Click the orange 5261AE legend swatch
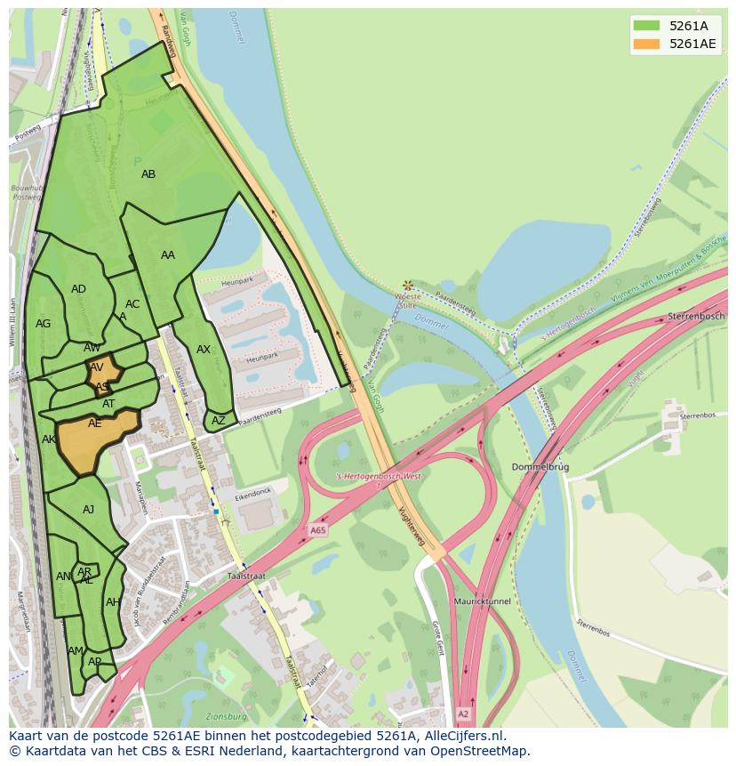646,44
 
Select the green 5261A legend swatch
646,26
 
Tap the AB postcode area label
148,174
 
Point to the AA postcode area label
168,255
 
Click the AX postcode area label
204,350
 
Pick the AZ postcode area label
219,421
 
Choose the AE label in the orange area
95,424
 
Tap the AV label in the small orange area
97,367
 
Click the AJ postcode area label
88,510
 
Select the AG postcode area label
43,324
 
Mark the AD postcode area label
78,289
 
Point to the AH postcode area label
113,602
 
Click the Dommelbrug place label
540,466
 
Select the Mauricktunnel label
482,601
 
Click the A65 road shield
317,530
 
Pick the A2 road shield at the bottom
462,714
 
